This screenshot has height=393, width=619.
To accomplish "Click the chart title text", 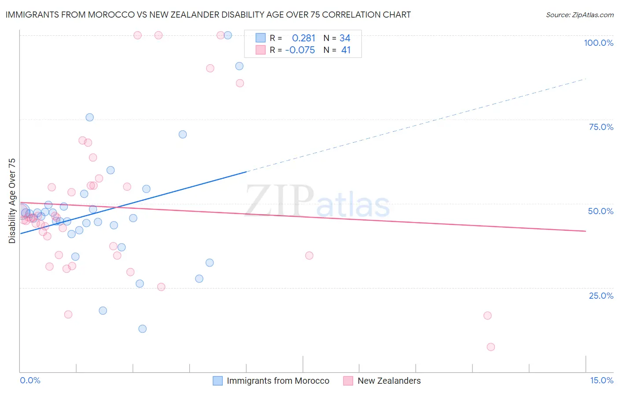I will (208, 15).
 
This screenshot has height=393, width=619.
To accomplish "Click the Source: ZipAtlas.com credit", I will (579, 15).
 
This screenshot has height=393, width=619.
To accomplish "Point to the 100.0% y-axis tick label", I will (598, 43).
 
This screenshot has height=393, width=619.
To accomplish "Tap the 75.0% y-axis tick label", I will (601, 127).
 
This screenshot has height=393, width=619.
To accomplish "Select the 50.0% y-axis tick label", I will (601, 211).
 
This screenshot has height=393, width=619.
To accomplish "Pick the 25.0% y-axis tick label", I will (601, 295).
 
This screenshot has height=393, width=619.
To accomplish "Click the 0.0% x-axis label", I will (30, 380).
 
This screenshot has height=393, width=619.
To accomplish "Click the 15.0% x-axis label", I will (601, 380).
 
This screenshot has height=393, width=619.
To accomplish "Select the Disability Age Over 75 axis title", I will (12, 201).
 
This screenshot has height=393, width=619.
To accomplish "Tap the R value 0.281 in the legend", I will (304, 38).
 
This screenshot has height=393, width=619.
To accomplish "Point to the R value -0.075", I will (300, 50).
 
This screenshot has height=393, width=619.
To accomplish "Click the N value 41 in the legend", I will (346, 50).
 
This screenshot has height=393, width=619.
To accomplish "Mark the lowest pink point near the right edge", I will (491, 347).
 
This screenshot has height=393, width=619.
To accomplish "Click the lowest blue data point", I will (142, 329).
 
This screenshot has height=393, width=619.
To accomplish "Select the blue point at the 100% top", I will (228, 35).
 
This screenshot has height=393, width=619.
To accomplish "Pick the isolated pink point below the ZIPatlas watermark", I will (309, 256).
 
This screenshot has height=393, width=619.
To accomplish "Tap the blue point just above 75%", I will (89, 117).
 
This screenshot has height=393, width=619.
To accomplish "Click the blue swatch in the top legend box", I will (261, 38).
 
